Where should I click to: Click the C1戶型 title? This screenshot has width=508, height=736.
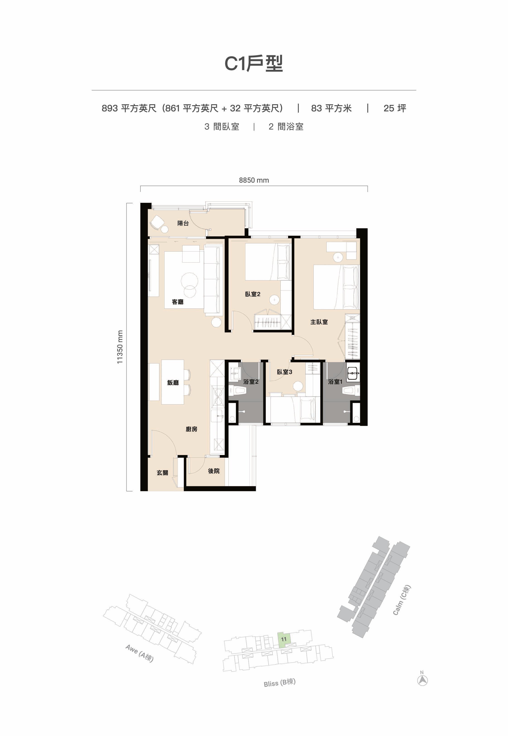pyautogui.click(x=254, y=64)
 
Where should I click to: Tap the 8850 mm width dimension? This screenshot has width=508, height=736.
pyautogui.click(x=254, y=180)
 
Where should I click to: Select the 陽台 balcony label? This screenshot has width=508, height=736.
pyautogui.click(x=183, y=223)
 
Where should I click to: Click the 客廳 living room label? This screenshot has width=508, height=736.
pyautogui.click(x=178, y=302)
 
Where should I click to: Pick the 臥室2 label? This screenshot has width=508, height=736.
pyautogui.click(x=253, y=294)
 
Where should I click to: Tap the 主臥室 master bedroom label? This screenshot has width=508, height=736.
pyautogui.click(x=319, y=322)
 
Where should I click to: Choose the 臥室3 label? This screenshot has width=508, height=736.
pyautogui.click(x=285, y=372)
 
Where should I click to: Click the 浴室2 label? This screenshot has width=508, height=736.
pyautogui.click(x=251, y=381)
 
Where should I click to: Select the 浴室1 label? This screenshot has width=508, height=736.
pyautogui.click(x=335, y=381)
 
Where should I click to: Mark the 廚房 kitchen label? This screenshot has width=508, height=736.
pyautogui.click(x=191, y=429)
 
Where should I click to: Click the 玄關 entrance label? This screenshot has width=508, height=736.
pyautogui.click(x=162, y=473)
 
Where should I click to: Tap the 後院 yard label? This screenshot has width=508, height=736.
pyautogui.click(x=213, y=471)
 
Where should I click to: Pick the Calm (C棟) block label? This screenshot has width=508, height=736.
pyautogui.click(x=402, y=600)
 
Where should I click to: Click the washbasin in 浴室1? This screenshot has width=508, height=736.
pyautogui.click(x=353, y=373)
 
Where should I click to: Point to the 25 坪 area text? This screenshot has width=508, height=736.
pyautogui.click(x=395, y=108)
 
